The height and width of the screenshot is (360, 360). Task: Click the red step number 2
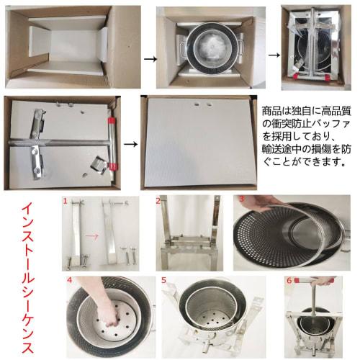point(159,201)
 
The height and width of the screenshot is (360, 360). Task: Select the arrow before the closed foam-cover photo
point(130,143)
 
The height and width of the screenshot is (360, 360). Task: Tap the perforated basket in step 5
point(208,317)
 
